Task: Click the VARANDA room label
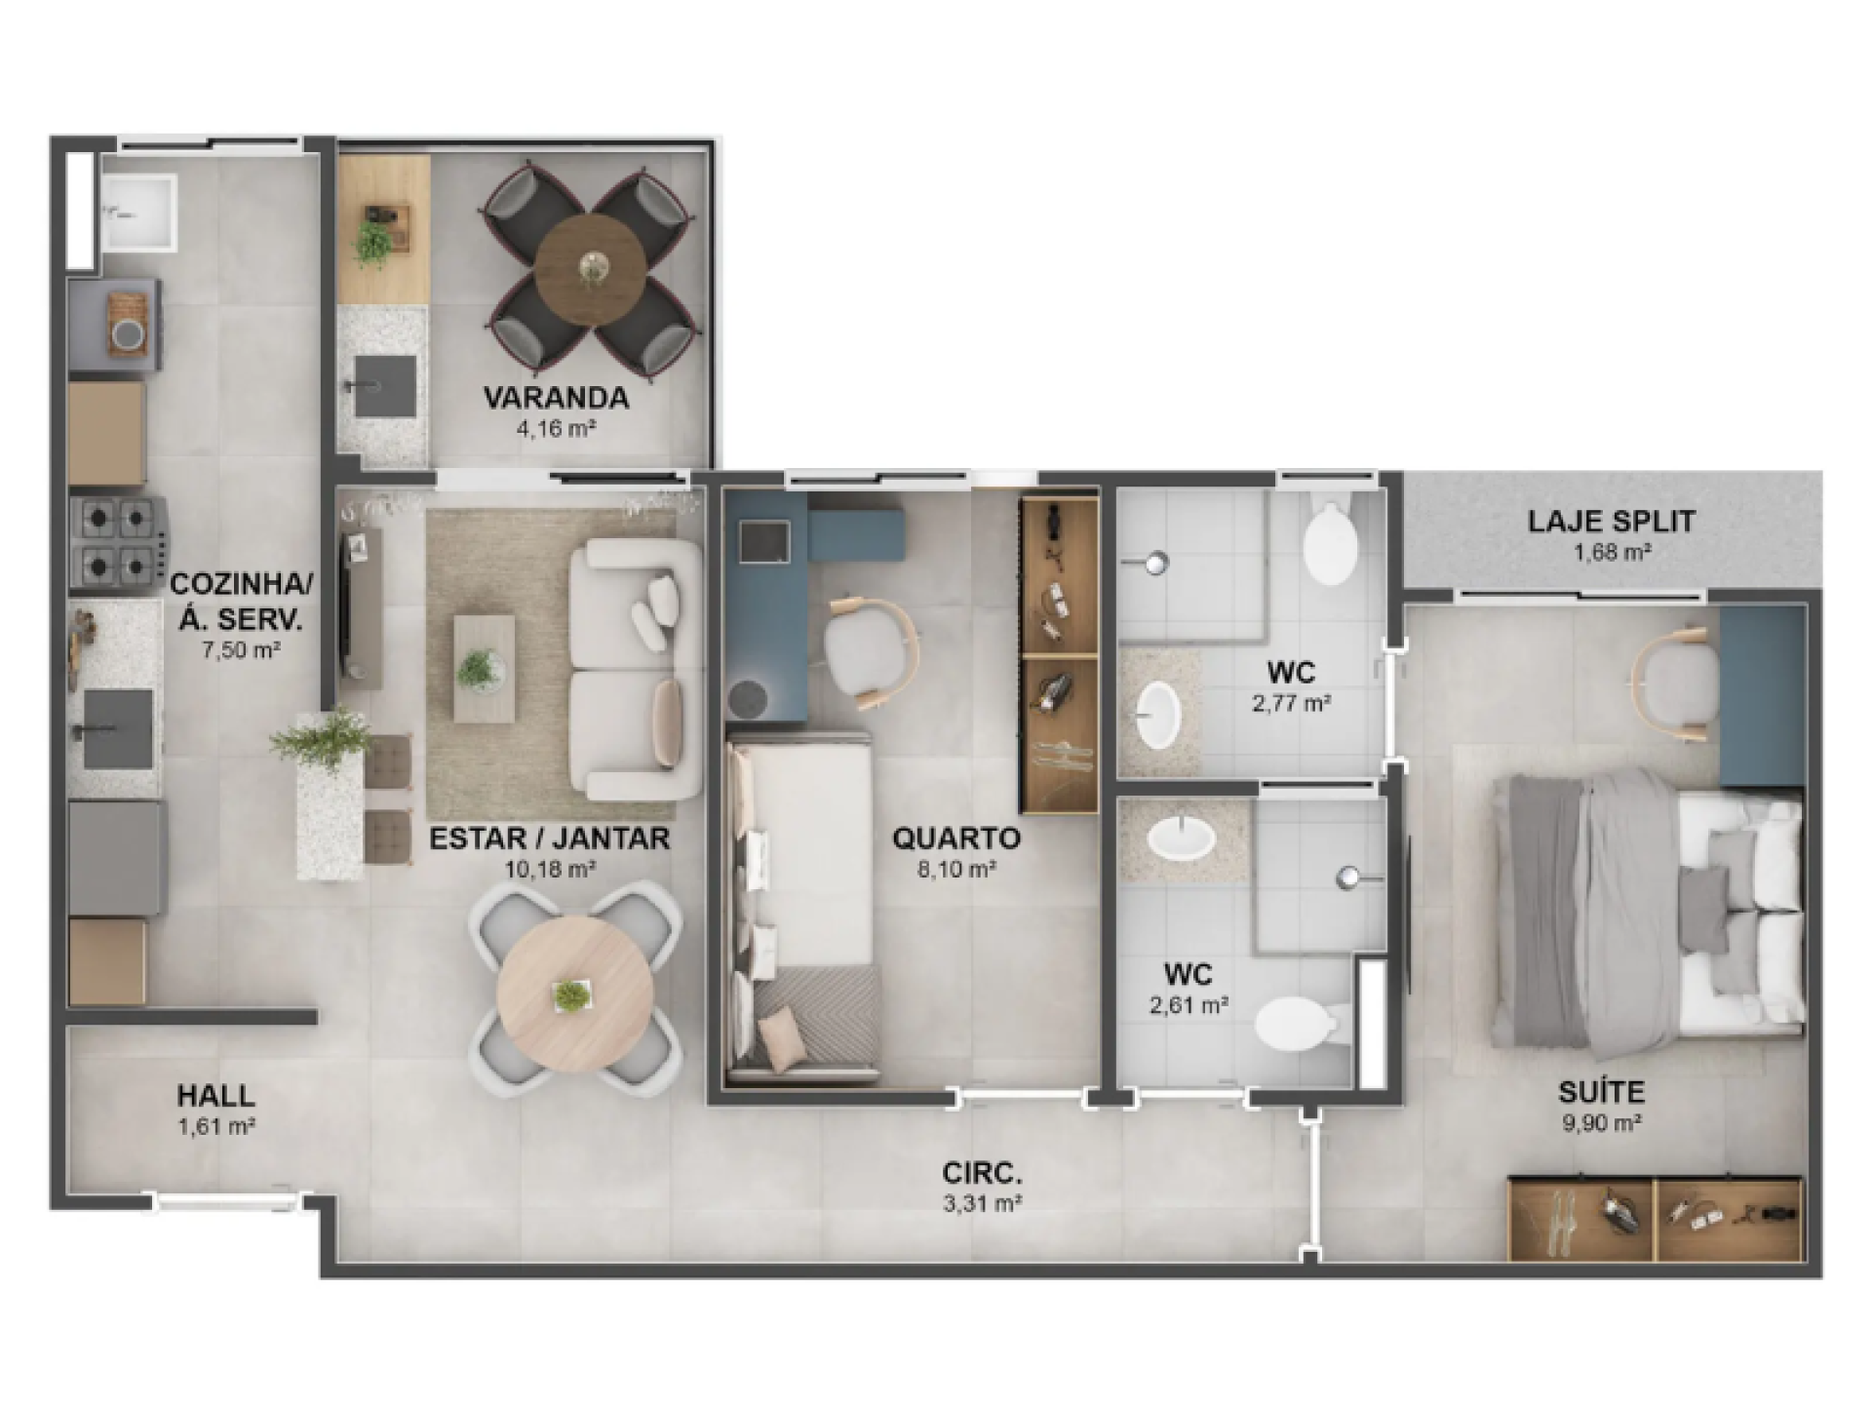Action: tap(556, 398)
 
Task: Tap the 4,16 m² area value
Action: tap(557, 428)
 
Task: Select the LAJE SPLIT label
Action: tap(1612, 522)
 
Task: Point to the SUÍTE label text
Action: tap(1601, 1091)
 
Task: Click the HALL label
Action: tap(216, 1096)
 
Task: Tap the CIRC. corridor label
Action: tap(983, 1173)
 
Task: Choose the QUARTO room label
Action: tap(956, 838)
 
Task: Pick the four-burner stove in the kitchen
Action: tap(117, 543)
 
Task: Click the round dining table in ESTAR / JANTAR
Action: tap(574, 994)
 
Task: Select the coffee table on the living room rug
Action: tap(484, 668)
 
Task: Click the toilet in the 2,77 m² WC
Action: tap(1330, 542)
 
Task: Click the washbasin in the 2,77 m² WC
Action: tap(1158, 715)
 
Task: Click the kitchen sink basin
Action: tap(118, 729)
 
